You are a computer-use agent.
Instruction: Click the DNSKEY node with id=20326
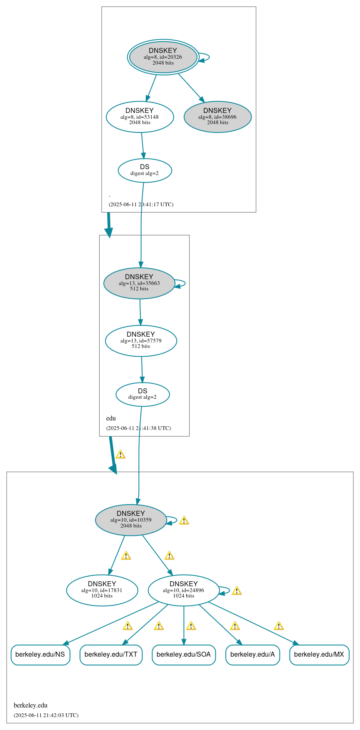(163, 57)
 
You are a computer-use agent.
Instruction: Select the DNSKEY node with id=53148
(140, 117)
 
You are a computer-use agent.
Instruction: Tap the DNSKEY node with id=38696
(217, 117)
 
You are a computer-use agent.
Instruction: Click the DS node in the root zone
(145, 170)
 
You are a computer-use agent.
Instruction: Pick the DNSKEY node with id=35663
(139, 283)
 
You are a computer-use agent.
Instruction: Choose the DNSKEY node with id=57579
(141, 341)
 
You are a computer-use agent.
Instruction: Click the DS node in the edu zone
(142, 394)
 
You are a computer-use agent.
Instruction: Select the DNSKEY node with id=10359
(131, 520)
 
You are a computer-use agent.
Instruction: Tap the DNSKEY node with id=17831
(102, 590)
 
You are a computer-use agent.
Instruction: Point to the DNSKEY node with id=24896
(183, 590)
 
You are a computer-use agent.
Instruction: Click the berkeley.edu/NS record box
(40, 655)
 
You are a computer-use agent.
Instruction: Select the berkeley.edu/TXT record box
(111, 655)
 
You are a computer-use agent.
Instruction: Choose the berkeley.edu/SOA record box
(184, 655)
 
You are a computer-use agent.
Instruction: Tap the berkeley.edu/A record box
(252, 655)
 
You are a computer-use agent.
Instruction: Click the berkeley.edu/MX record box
(319, 655)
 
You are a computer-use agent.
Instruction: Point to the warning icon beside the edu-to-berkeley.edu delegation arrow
(120, 455)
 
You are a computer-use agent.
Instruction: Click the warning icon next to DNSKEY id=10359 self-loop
(184, 520)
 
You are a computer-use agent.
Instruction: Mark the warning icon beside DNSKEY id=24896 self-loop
(237, 590)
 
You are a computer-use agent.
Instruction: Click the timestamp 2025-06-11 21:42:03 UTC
(46, 715)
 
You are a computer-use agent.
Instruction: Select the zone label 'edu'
(111, 418)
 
